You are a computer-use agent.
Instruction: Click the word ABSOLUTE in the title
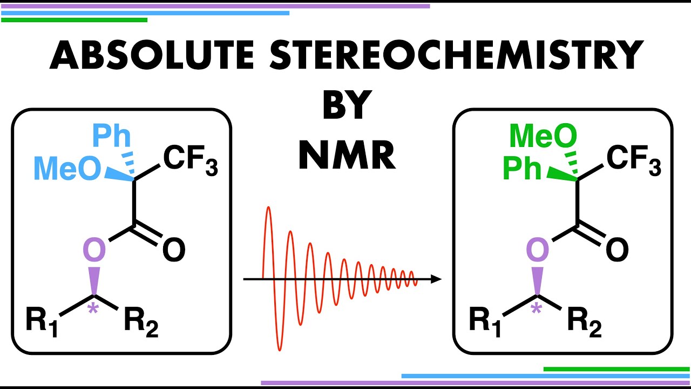pyautogui.click(x=151, y=56)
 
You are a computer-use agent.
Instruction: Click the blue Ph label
pyautogui.click(x=111, y=137)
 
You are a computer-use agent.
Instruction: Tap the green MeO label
pyautogui.click(x=543, y=137)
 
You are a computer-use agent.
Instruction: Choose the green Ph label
pyautogui.click(x=521, y=169)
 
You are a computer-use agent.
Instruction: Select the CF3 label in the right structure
pyautogui.click(x=633, y=160)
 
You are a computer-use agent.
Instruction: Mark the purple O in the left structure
pyautogui.click(x=94, y=250)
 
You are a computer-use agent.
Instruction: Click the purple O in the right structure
pyautogui.click(x=537, y=250)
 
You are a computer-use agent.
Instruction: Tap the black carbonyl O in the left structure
pyautogui.click(x=174, y=251)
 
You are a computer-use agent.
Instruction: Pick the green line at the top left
pyautogui.click(x=74, y=20)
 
